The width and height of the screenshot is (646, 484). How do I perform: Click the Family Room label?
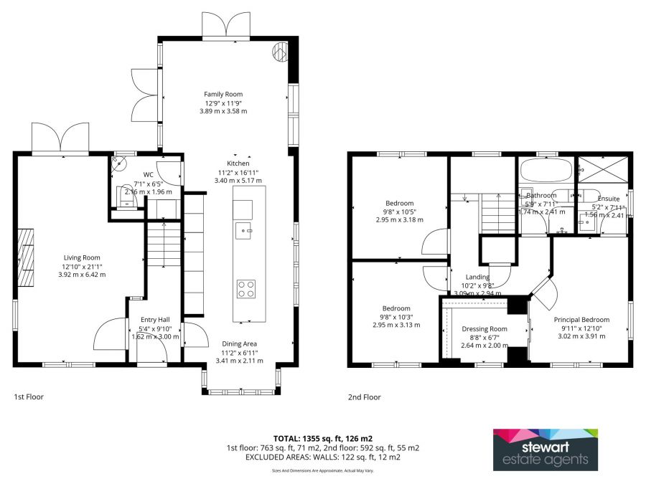pos(223,94)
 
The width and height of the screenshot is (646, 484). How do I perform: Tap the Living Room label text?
pos(82,257)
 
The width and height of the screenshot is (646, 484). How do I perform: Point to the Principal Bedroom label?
pos(581,320)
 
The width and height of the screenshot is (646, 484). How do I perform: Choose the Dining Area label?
pos(239,343)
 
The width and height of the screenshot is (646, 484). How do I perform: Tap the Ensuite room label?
pos(608,199)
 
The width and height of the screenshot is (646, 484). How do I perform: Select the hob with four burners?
pos(245,288)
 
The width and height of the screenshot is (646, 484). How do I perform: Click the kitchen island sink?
pos(243,231)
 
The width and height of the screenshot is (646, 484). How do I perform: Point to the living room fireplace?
pos(25,257)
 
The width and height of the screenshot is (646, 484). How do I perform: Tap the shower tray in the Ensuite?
pos(603,171)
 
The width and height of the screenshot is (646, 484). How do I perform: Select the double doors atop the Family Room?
pos(227,27)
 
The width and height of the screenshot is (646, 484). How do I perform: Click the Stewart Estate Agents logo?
pos(545,450)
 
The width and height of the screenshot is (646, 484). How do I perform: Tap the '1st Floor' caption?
pos(29,397)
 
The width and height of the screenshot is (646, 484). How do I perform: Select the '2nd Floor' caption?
pos(365,397)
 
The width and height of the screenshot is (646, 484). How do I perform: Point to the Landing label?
pos(477,277)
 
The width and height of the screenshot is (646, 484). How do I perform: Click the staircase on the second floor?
pos(497,213)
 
